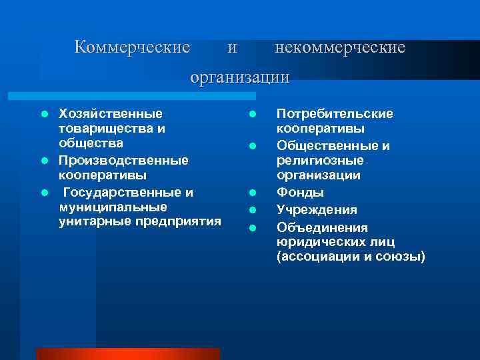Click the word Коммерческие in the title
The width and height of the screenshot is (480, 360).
pos(132,47)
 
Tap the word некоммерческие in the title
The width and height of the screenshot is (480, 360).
pos(340,47)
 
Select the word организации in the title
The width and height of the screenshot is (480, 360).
pos(240,77)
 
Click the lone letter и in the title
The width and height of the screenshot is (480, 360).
pos(231,48)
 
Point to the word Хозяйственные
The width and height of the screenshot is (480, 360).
pos(110,113)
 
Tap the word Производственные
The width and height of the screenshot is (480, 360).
pos(123,160)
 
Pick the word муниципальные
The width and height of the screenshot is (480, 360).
pos(113,207)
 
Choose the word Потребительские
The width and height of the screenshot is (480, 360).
pos(335,113)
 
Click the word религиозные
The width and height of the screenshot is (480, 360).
pos(320,160)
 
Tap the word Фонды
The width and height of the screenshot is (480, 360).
pos(301,193)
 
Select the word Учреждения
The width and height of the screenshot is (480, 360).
pos(317,209)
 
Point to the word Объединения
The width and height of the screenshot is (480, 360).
pos(321,227)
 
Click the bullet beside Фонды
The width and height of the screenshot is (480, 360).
pos(253,193)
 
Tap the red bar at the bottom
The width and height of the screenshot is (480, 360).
pos(127,353)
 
